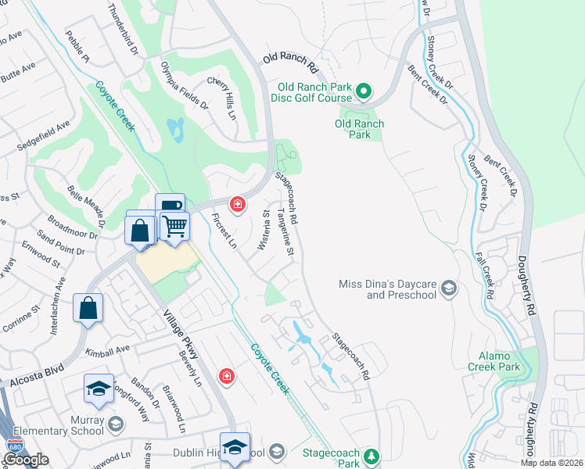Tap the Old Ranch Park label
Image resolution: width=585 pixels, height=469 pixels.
tap(359, 129)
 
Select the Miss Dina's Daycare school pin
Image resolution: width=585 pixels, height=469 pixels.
tap(449, 289)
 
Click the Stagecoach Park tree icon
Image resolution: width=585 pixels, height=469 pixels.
tap(373, 456)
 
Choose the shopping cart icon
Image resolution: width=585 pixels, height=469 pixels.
tap(175, 226)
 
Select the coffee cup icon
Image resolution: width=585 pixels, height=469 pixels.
tap(170, 207)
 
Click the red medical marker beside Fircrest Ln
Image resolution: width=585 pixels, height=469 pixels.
tap(235, 205)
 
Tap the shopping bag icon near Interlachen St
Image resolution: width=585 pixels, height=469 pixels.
tap(88, 307)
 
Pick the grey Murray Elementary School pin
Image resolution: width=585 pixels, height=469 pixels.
tap(115, 424)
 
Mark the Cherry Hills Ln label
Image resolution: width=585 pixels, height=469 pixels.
tap(221, 98)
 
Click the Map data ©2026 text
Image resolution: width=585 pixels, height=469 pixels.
tap(552, 463)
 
